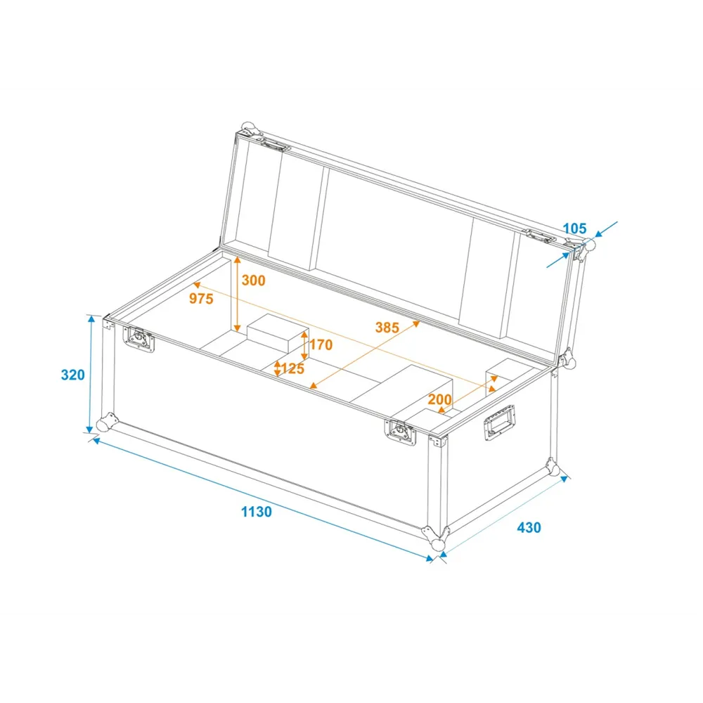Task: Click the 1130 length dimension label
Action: [257, 512]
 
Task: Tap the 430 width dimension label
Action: [529, 527]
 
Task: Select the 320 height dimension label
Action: [72, 375]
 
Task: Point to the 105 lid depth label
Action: [575, 228]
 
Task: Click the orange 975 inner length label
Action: [201, 299]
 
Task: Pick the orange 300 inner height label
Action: [253, 280]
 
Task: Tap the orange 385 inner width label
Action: [387, 328]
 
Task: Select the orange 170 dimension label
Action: [321, 344]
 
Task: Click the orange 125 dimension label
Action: [292, 368]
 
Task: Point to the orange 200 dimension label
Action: [440, 399]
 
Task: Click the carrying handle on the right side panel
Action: [499, 423]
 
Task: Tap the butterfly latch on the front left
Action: [139, 339]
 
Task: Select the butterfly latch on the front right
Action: [400, 432]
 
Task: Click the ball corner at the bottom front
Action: [437, 539]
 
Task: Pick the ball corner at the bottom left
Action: [106, 423]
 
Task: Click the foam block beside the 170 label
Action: [278, 333]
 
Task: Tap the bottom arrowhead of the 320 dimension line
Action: [90, 427]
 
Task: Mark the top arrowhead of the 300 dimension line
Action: [237, 260]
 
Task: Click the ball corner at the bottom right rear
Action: [553, 467]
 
